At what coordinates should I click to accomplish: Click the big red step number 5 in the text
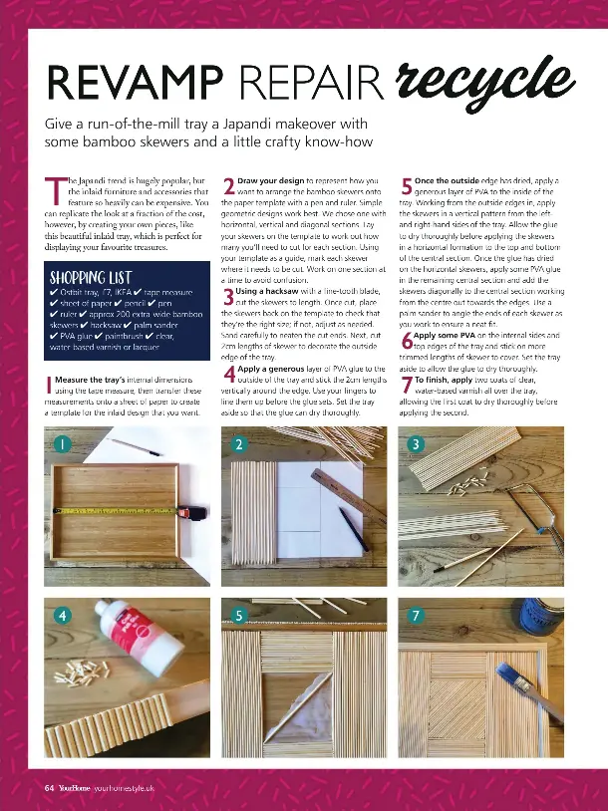click(x=408, y=187)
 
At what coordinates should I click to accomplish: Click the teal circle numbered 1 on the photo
click(x=62, y=443)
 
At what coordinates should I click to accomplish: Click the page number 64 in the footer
click(x=48, y=788)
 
